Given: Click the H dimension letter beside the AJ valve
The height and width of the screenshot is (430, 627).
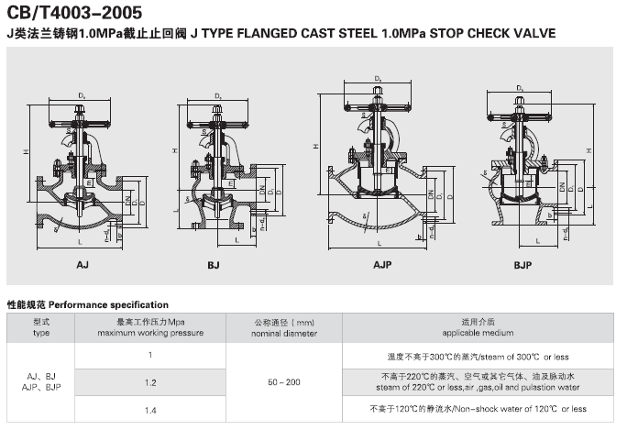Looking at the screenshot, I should click(27, 151).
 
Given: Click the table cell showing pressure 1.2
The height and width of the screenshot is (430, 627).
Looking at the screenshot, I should click(150, 380).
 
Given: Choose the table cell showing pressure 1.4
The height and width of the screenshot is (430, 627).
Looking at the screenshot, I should click(150, 408).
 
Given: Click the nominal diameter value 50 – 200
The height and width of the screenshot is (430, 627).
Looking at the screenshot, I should click(283, 380).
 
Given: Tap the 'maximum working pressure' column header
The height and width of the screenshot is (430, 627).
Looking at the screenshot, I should click(150, 328).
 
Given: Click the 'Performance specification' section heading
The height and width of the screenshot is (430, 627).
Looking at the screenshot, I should click(88, 303).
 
